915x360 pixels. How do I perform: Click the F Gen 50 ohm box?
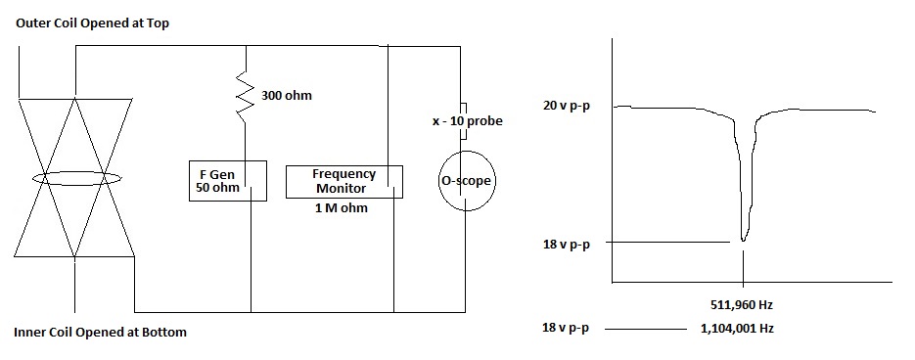[x=228, y=180]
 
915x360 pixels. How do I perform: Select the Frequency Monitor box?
[x=343, y=181]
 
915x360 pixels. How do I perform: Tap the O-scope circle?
[x=465, y=181]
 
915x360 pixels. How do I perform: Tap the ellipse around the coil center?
[x=76, y=178]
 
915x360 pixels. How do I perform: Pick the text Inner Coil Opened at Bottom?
[x=100, y=333]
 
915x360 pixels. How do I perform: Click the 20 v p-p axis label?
[x=567, y=106]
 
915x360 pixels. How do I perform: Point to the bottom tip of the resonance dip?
[x=744, y=241]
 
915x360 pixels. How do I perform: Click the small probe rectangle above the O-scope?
[x=465, y=110]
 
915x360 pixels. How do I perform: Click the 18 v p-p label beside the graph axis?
[x=567, y=244]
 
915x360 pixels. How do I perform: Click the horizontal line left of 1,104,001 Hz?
[x=645, y=331]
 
